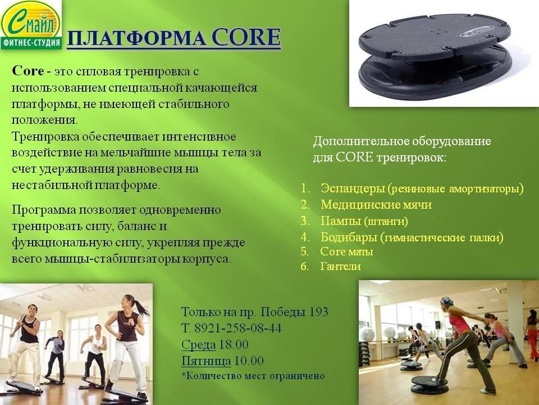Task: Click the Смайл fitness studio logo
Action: [x=31, y=25]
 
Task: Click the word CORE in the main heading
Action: [x=246, y=37]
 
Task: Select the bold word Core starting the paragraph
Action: [x=28, y=71]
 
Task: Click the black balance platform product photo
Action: [x=435, y=53]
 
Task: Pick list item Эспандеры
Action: [x=353, y=188]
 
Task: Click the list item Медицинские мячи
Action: [x=376, y=205]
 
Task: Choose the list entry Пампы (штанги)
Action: [x=364, y=220]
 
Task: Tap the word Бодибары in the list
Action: [x=349, y=237]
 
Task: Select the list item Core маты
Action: [x=346, y=252]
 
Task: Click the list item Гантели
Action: [x=340, y=266]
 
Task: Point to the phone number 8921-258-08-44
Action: [x=237, y=328]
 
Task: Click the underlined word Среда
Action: [x=198, y=345]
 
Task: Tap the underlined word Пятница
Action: [x=206, y=361]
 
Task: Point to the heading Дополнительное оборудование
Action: [x=402, y=141]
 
